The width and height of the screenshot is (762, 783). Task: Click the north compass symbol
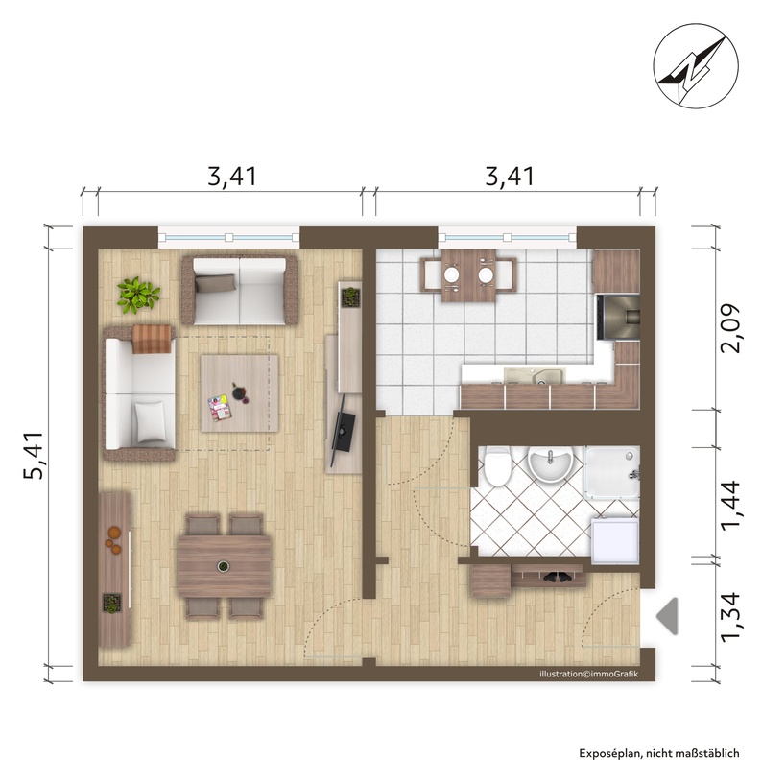point(696,65)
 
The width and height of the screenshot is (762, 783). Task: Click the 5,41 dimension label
point(35,456)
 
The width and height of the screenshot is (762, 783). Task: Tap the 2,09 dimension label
point(730,328)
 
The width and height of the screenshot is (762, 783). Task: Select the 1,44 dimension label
point(730,504)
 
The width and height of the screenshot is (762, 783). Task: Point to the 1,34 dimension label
point(730,617)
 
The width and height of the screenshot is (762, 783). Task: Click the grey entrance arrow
point(667,616)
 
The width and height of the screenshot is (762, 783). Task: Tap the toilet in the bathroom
point(497,465)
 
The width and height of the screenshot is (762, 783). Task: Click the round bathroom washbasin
point(550,463)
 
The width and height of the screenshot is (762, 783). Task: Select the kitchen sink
point(535,375)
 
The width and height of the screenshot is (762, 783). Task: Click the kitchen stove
point(619,317)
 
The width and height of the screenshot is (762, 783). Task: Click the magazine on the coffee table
point(219,408)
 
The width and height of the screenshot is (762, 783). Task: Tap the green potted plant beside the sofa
point(138,296)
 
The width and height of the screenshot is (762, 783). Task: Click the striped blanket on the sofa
point(153,339)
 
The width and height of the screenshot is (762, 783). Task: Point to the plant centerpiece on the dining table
point(224,566)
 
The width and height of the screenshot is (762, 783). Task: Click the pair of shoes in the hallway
point(559,578)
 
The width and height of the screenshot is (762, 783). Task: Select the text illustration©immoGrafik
point(588,675)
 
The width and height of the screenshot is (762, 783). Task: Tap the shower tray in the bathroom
point(612,472)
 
